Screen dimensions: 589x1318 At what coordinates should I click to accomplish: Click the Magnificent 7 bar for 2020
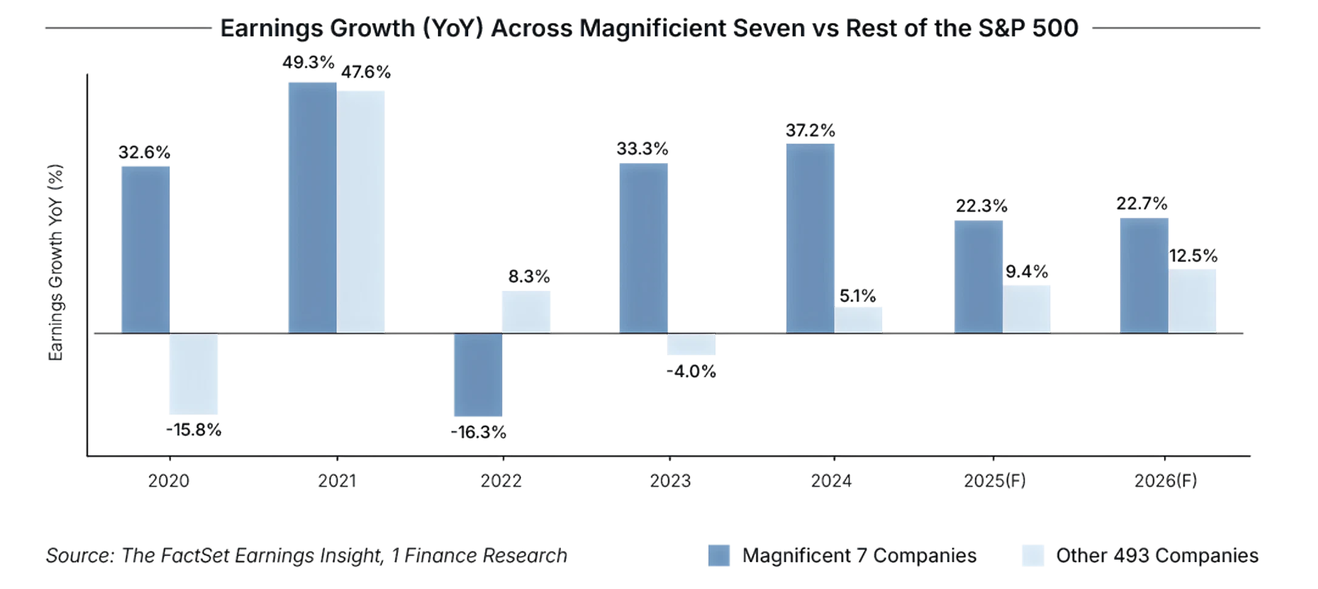point(145,248)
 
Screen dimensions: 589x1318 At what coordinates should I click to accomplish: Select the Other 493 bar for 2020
point(193,373)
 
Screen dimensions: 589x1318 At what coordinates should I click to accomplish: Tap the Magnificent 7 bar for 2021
point(312,207)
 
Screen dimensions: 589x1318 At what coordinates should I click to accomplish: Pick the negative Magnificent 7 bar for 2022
point(478,375)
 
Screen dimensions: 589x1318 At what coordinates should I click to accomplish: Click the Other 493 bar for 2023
point(691,345)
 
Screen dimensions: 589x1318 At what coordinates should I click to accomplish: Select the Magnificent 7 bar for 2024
point(810,237)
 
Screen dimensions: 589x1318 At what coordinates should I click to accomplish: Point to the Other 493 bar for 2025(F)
point(1027,308)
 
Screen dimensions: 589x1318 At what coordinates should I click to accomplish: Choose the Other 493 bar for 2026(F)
point(1192,300)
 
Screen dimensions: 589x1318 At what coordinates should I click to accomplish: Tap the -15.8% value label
point(193,430)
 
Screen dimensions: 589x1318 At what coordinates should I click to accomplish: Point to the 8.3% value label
point(528,277)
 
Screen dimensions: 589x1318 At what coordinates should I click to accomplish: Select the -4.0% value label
point(691,372)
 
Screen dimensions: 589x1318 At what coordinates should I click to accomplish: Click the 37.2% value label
point(810,130)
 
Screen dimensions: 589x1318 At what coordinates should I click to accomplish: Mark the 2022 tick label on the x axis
point(502,482)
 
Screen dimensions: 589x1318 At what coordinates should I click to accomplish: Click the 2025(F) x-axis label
point(994,482)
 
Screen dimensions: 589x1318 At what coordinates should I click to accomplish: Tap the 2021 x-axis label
point(337,482)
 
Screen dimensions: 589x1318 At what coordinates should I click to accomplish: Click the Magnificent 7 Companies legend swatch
point(719,555)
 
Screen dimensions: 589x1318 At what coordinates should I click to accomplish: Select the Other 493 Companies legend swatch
point(1033,555)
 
